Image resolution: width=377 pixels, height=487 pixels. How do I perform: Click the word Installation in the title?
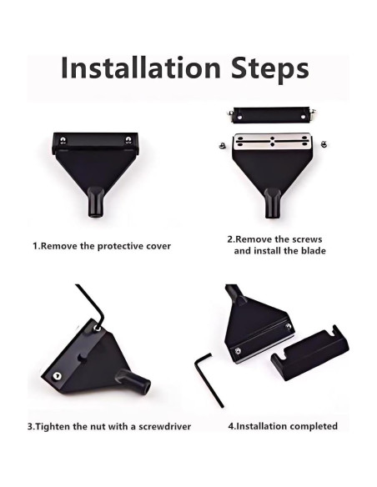pos(141,68)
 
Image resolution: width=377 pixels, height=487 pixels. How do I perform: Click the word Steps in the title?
pos(270,69)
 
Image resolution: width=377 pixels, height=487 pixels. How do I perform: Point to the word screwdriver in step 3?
pos(164,426)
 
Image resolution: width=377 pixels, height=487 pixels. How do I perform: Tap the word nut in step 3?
pos(95,426)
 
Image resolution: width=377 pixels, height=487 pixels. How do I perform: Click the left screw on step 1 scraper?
pos(63,140)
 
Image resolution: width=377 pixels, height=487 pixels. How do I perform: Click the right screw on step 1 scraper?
pos(128,140)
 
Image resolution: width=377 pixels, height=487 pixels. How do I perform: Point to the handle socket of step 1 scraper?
pos(96,202)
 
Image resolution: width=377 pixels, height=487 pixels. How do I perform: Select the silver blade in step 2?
pos(272,143)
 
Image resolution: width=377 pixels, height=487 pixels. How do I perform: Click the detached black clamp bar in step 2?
pos(271,115)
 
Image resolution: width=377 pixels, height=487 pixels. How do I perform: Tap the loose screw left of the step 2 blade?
pos(221,144)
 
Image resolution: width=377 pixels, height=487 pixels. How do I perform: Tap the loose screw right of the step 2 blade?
pos(324,143)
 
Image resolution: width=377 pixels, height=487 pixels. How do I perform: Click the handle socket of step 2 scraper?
pos(273,203)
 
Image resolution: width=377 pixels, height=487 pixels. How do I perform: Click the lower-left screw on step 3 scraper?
pos(57,376)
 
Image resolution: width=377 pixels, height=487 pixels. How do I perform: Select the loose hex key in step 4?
pos(209,381)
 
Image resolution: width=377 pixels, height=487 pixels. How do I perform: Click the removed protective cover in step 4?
pos(309,353)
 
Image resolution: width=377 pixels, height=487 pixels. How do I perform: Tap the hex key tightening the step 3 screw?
pos(92,304)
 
